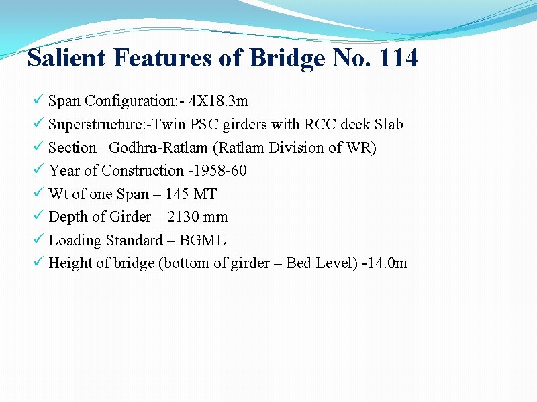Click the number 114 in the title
tap(398, 58)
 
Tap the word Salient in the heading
tap(66, 58)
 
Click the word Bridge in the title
tap(287, 60)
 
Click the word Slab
tap(389, 125)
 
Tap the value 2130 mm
tap(197, 217)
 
